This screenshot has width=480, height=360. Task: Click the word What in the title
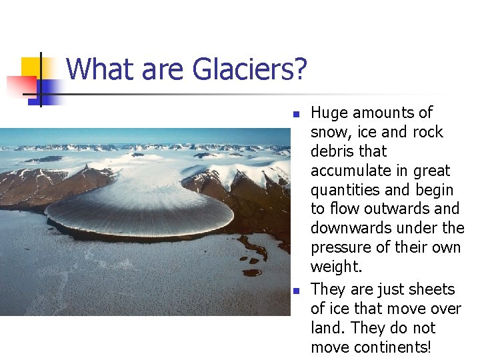pos(93,69)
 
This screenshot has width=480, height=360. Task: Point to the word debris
pos(333,151)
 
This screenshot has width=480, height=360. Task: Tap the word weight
pos(335,267)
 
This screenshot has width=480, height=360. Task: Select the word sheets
pos(432,289)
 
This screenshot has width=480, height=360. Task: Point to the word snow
pos(329,132)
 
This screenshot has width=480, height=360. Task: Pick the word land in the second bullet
pos(326,328)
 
